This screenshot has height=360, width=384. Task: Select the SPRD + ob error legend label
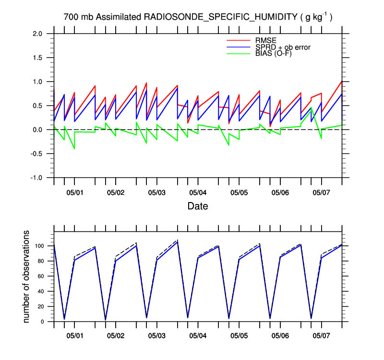(283, 47)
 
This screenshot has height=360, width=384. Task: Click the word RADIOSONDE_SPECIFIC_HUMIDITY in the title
(221, 17)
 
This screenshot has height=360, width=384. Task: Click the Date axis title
(198, 206)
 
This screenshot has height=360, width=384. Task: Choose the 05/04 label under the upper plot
(198, 192)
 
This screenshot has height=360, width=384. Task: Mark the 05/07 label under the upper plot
(321, 192)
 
